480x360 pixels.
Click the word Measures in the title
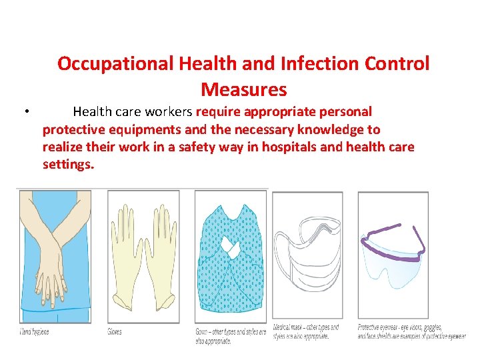[x=243, y=89]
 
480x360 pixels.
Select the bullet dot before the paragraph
[x=24, y=111]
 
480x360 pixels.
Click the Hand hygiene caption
[x=34, y=331]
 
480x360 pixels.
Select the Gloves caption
[x=115, y=331]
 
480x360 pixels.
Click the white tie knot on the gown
[x=230, y=248]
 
